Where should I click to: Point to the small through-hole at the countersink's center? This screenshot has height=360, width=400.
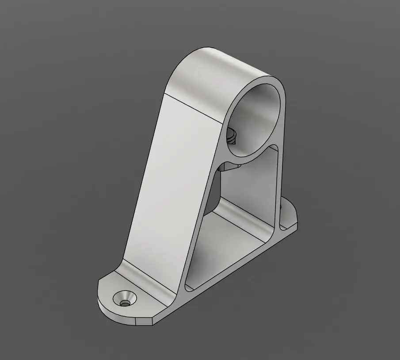point(126,303)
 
